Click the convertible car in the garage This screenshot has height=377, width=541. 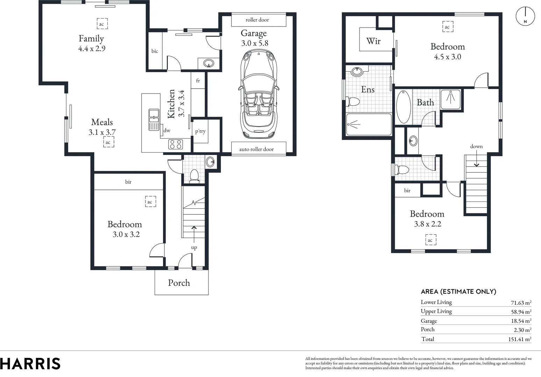coord(258,94)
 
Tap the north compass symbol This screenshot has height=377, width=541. coord(525,16)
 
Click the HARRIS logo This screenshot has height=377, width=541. coord(30,363)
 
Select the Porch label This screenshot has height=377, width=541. coord(179,283)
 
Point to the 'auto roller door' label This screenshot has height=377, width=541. coord(256,149)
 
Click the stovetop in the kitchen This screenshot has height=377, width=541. coord(176,144)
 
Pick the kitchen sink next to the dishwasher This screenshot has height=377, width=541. coord(154,119)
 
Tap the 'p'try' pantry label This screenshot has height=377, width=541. coord(200,131)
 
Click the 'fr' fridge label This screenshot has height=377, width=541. coord(198,81)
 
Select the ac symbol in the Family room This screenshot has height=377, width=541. coord(102,24)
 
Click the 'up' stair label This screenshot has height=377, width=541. coord(194,247)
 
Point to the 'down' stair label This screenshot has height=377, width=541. coord(476,146)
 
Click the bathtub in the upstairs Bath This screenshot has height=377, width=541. coord(403,106)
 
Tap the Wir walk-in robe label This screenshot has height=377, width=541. coord(373,41)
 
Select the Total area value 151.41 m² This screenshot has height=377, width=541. coord(519,339)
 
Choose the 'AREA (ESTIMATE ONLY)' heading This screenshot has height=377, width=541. coord(458,291)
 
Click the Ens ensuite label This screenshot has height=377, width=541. coord(368,90)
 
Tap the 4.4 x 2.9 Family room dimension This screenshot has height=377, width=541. coord(92,49)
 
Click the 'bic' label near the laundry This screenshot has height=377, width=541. coord(155,51)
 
